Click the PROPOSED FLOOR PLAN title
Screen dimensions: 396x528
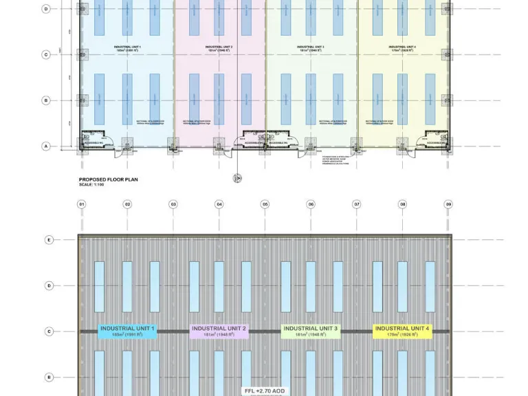[x=108, y=179]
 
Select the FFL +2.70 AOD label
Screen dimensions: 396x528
[x=263, y=390]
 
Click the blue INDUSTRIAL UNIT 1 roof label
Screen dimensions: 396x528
[x=128, y=331]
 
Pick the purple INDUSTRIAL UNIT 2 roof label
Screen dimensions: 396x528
[x=219, y=331]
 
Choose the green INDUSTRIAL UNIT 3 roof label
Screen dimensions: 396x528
[x=311, y=331]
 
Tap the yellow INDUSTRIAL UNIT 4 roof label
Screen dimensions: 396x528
[x=402, y=331]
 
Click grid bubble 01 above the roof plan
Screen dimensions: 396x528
[x=81, y=204]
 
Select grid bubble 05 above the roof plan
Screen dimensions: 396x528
[x=265, y=204]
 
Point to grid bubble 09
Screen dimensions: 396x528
[x=448, y=204]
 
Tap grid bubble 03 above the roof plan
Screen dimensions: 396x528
[x=173, y=204]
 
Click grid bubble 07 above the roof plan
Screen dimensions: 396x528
[x=357, y=204]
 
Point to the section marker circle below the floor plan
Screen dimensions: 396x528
[x=238, y=178]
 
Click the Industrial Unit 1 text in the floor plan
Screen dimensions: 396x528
[x=128, y=48]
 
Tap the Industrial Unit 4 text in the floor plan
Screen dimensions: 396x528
[x=403, y=48]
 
